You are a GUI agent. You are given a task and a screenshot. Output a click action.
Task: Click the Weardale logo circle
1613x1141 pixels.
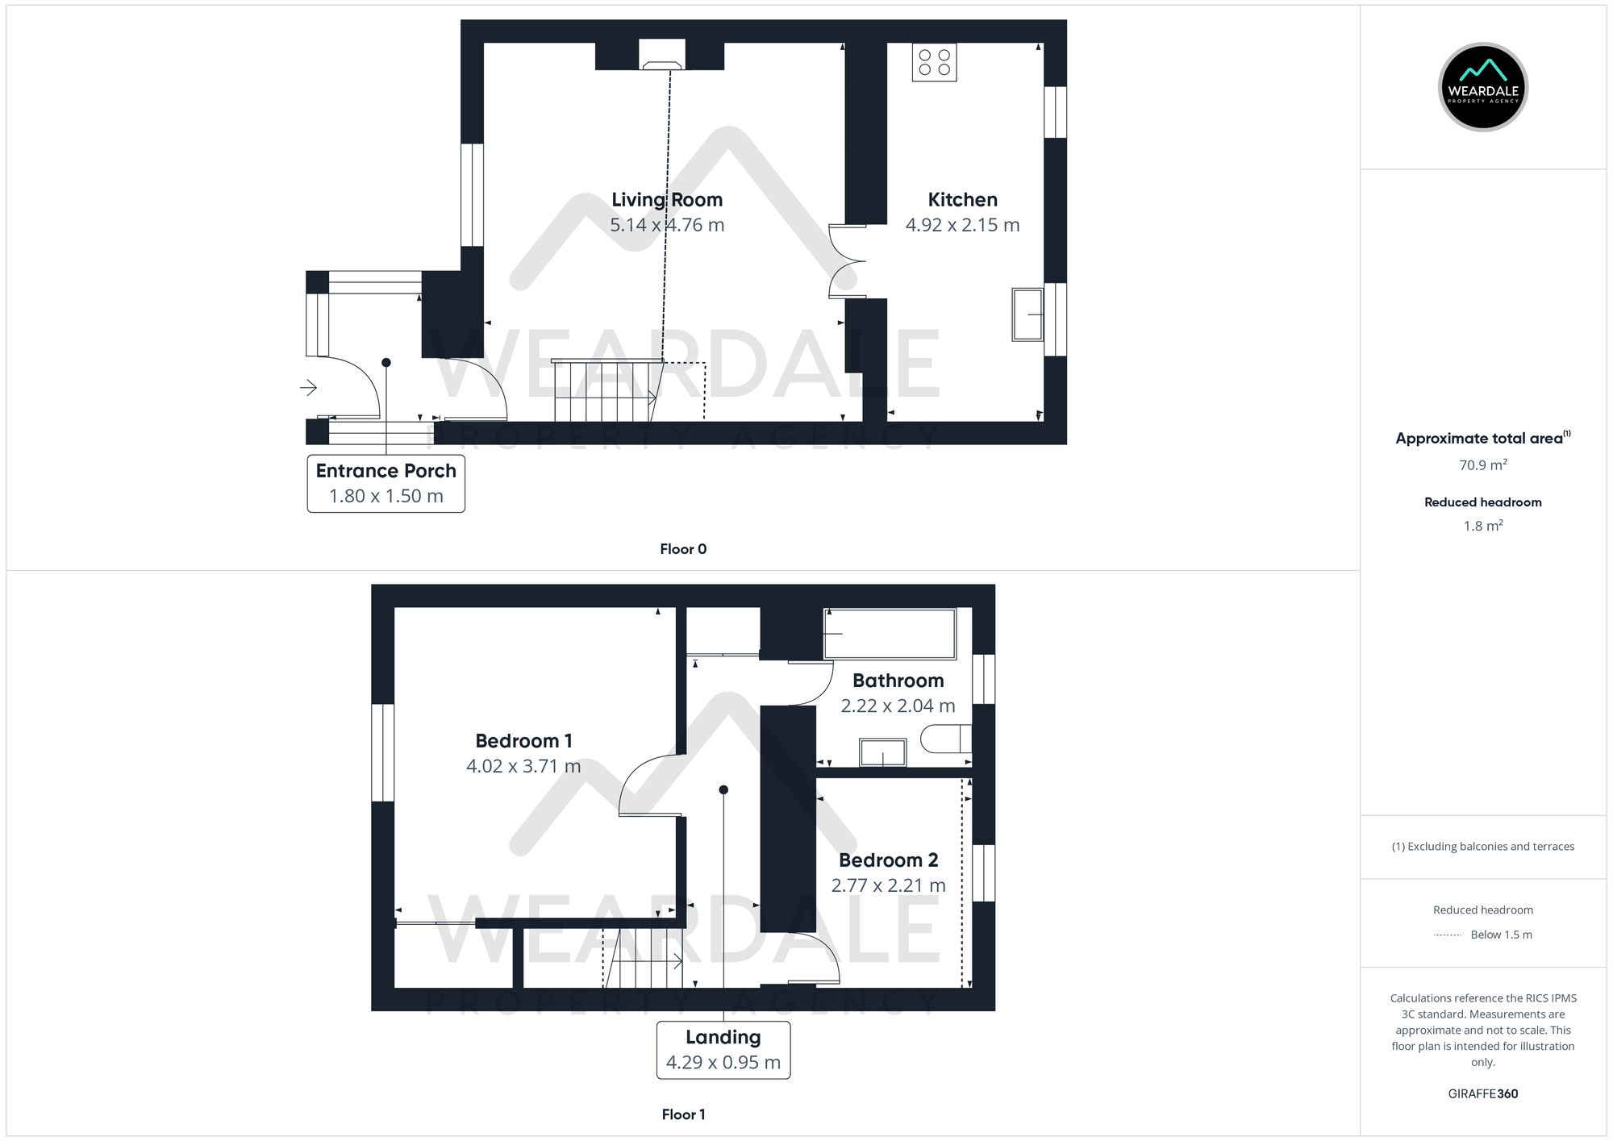point(1482,87)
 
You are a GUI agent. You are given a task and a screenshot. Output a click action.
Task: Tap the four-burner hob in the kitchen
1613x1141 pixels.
point(934,62)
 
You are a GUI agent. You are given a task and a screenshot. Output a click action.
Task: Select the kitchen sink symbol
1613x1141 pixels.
point(1027,314)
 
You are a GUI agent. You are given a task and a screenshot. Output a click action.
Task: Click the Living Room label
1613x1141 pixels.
point(667,199)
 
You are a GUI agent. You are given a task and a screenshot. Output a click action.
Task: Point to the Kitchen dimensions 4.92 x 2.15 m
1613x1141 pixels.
point(962,225)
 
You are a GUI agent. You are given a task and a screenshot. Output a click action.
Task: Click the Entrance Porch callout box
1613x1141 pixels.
point(386,483)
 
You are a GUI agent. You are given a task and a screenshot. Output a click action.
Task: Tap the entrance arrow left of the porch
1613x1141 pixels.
point(308,388)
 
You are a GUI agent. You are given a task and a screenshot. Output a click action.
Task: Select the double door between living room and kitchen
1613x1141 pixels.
point(847,261)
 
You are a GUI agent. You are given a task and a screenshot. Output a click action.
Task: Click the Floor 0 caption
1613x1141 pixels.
point(683,549)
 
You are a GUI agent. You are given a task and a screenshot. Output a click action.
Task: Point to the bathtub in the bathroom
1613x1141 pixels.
point(889,634)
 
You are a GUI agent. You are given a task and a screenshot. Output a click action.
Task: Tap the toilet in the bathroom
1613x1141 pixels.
point(946,738)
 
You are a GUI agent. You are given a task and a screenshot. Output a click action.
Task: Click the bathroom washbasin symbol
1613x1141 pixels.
point(882,752)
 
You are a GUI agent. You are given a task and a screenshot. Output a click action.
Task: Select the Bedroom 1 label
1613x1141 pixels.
point(523,740)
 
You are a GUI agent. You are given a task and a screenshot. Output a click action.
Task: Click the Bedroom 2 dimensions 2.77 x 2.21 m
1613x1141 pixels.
point(888,885)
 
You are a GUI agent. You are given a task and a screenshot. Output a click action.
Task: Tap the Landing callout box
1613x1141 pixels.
point(723,1049)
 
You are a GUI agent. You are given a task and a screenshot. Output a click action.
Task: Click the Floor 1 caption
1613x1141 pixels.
point(683,1114)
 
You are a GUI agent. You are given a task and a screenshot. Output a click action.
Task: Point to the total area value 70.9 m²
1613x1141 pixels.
point(1482,465)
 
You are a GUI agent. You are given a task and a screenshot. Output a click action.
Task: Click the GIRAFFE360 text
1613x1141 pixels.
point(1482,1093)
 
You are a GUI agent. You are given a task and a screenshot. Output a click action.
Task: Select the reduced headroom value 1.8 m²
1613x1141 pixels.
point(1482,526)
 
